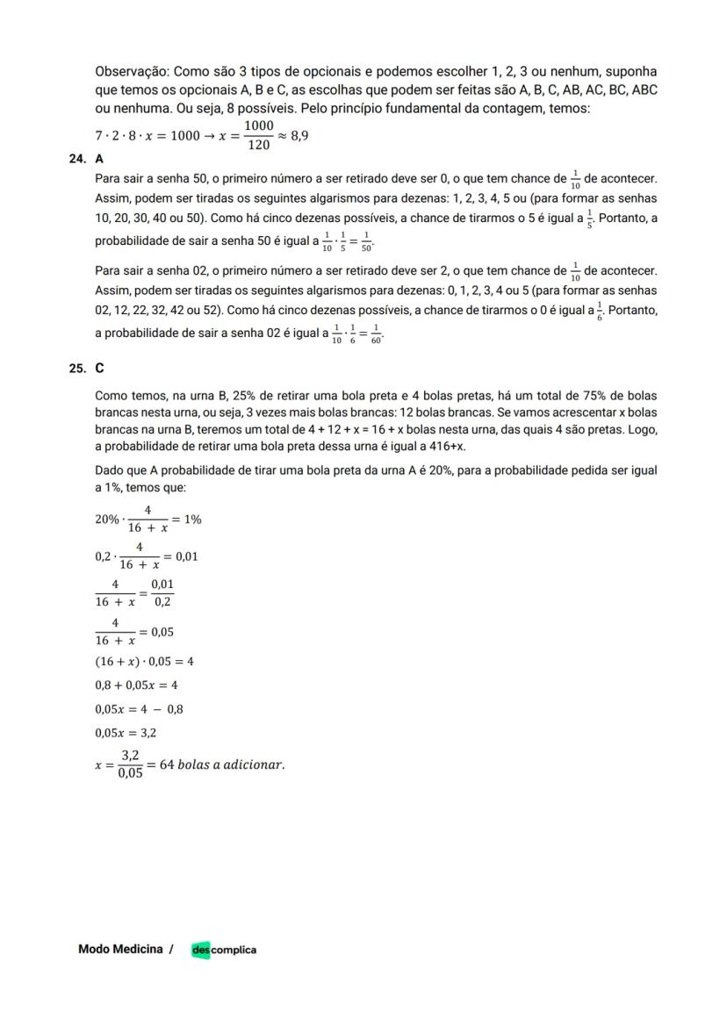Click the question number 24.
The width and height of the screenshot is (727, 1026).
click(x=75, y=159)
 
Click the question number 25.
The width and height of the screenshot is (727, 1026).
click(x=75, y=369)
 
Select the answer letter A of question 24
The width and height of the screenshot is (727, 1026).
click(x=99, y=159)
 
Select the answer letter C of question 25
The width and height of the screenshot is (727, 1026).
click(x=99, y=369)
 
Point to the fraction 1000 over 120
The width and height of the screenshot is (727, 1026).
click(x=258, y=136)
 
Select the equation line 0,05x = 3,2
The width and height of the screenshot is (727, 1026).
click(x=126, y=733)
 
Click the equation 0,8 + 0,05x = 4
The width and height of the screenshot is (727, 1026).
click(x=136, y=685)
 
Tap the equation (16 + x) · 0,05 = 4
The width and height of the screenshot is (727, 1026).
click(x=144, y=662)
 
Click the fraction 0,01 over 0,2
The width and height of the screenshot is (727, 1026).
click(x=162, y=593)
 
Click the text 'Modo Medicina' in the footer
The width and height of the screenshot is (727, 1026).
click(x=120, y=949)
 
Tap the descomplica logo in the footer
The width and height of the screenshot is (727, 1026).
click(x=224, y=950)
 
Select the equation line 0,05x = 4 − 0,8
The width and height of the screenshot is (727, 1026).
click(x=139, y=709)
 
